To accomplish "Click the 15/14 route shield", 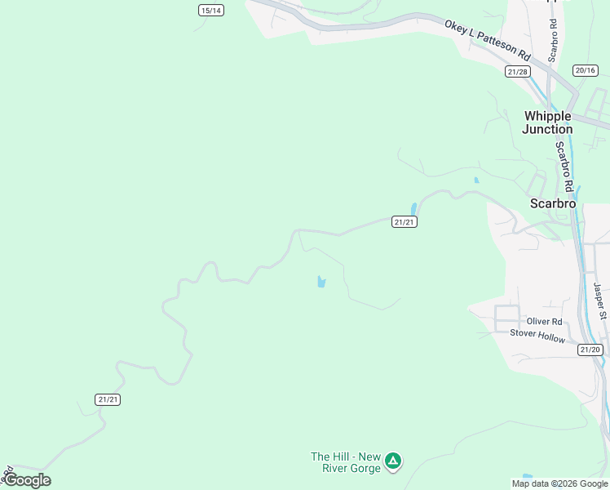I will click(211, 10).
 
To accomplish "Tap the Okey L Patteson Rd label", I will click(488, 39).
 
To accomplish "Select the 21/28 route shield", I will click(518, 72).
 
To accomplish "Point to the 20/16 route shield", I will click(586, 71).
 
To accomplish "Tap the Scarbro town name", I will click(553, 203).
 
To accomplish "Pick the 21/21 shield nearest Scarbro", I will click(404, 222).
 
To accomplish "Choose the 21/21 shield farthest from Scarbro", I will click(108, 399).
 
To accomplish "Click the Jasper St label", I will click(600, 301).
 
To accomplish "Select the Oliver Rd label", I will click(544, 322).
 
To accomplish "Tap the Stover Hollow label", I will click(537, 335).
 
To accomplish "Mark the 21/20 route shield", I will click(590, 350).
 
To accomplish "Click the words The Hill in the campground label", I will click(331, 457).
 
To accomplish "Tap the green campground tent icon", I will click(393, 462).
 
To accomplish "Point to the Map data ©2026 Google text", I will click(559, 483).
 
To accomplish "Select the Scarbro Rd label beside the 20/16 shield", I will click(553, 40).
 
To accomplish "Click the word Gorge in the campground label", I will click(364, 469).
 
